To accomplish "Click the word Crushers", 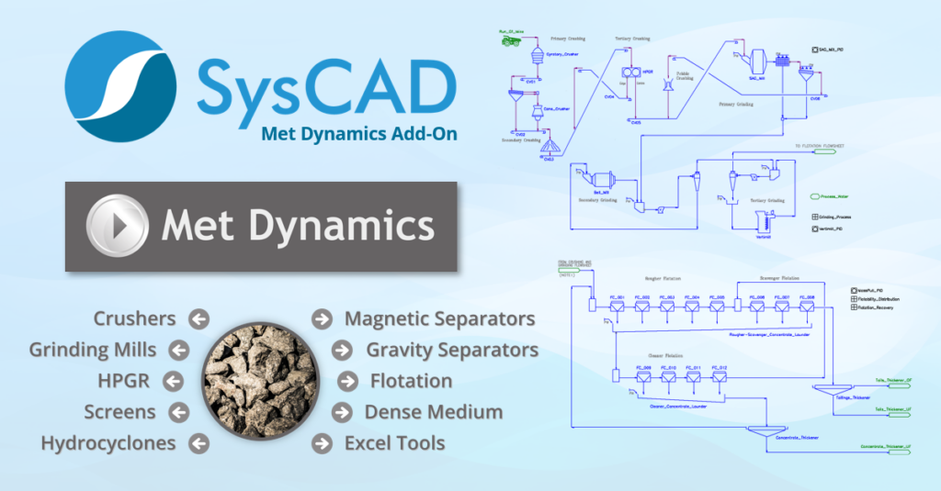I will pos(134,318).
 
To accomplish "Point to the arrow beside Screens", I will pos(178,412).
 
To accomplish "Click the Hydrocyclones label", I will pos(108,443).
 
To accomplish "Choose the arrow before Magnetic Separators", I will pos(322,318).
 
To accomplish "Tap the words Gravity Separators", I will pos(452,350).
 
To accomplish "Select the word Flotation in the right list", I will pos(411,381).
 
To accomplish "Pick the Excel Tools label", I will pos(394,443).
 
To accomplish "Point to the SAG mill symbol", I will pos(758,61).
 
